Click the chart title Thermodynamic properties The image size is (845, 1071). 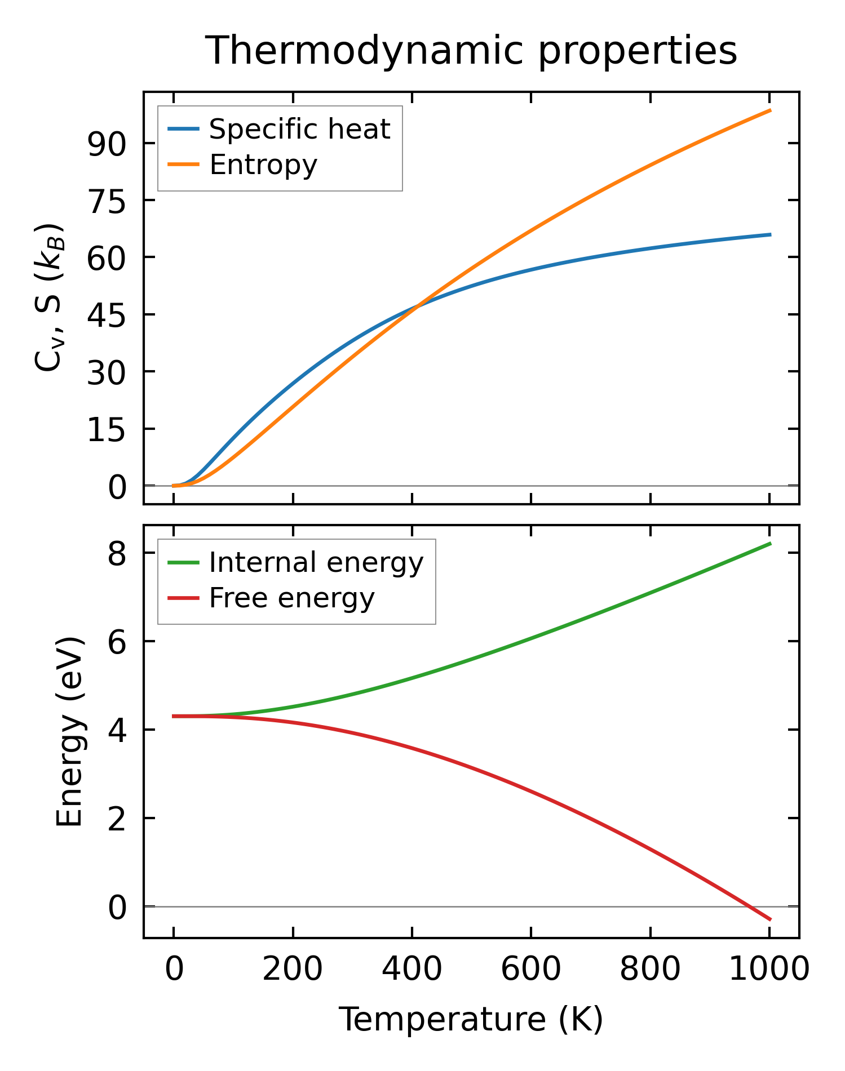coord(471,51)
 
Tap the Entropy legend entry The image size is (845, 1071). coord(263,165)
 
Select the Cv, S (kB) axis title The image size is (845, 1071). coord(50,297)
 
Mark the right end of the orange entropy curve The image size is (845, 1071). coord(770,110)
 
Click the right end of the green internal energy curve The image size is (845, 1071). coord(770,543)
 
